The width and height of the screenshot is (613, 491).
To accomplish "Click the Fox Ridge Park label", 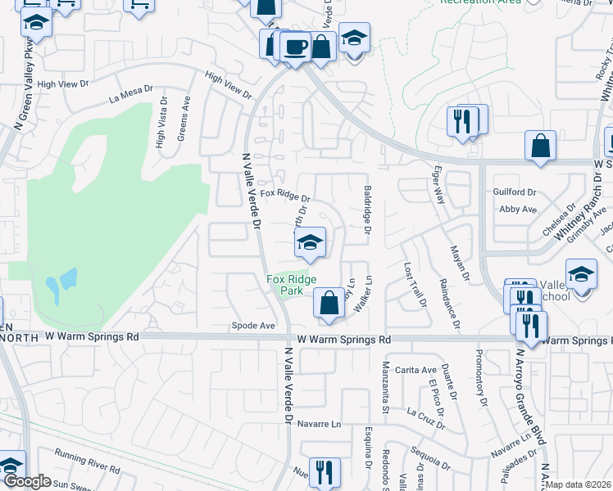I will pyautogui.click(x=285, y=284).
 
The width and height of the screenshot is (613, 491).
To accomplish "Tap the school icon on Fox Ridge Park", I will pyautogui.click(x=310, y=242).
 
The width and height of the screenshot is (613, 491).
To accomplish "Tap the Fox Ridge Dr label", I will pyautogui.click(x=285, y=196).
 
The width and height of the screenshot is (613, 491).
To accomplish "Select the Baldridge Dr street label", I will pyautogui.click(x=367, y=209).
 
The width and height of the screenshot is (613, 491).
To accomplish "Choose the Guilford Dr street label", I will pyautogui.click(x=515, y=192).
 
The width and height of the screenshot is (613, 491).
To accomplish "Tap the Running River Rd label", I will pyautogui.click(x=87, y=458).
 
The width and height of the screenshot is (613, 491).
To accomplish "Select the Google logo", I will pyautogui.click(x=26, y=482).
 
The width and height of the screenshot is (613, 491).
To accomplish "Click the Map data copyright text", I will pyautogui.click(x=579, y=485).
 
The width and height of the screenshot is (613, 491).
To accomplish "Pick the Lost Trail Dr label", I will pyautogui.click(x=415, y=284).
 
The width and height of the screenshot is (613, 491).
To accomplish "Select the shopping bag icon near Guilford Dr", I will pyautogui.click(x=541, y=147).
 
